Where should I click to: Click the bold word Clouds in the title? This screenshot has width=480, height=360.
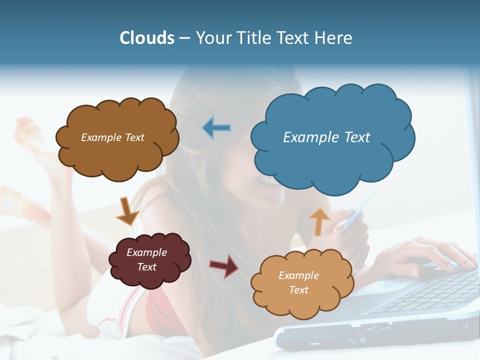click(x=147, y=38)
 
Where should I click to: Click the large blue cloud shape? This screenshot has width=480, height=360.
click(x=332, y=137)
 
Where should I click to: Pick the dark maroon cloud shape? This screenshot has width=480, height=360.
click(x=149, y=260)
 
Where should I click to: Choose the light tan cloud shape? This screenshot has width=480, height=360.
click(x=302, y=283)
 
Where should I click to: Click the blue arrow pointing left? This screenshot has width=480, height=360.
click(x=216, y=127)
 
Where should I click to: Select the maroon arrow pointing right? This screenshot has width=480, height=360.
click(x=224, y=265)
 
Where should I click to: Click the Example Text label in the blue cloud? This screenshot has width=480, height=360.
click(x=326, y=137)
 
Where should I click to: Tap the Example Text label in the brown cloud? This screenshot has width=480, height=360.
click(x=112, y=137)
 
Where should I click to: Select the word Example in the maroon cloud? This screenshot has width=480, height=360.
click(x=146, y=252)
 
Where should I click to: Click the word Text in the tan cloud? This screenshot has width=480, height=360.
click(x=298, y=290)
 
